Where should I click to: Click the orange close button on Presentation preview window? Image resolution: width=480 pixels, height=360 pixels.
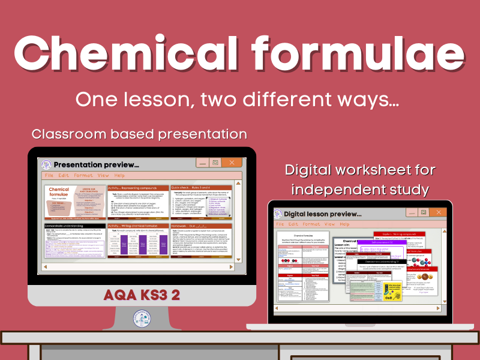tap(231, 163)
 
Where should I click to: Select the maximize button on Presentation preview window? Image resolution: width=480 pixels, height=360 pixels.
tap(209, 163)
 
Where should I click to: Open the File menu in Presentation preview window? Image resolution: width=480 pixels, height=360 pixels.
tap(47, 176)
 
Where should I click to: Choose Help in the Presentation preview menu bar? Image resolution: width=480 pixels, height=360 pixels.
tap(119, 176)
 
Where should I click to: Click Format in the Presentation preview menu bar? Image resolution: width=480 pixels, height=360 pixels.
tap(83, 176)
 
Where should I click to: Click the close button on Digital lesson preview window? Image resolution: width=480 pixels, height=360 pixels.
tap(457, 212)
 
